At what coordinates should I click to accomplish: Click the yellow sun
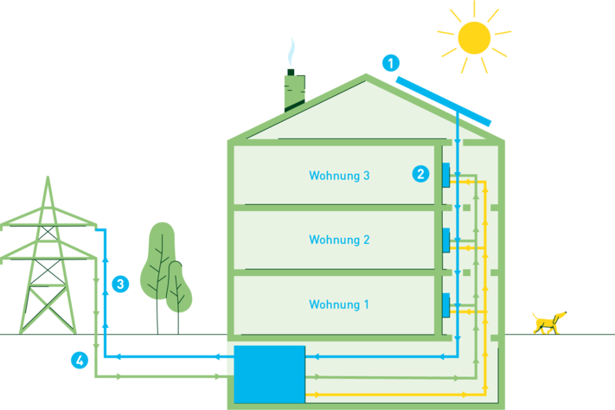pos(473,36)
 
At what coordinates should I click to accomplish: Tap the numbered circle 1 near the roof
pos(392,63)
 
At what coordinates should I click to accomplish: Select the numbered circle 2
pos(420,173)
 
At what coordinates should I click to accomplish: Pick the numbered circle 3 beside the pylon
pos(120,284)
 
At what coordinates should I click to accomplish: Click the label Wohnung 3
pos(339,176)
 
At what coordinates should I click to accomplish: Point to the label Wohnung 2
pos(339,240)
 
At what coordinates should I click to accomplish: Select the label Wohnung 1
pos(339,304)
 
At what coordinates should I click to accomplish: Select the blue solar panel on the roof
pos(445,100)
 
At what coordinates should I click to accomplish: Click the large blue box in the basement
pos(269,374)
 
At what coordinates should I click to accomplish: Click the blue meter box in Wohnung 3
pos(446,176)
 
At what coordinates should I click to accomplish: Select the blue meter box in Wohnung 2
pos(446,240)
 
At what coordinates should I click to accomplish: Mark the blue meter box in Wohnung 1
pos(446,304)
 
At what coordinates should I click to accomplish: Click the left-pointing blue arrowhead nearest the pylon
pos(118,356)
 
